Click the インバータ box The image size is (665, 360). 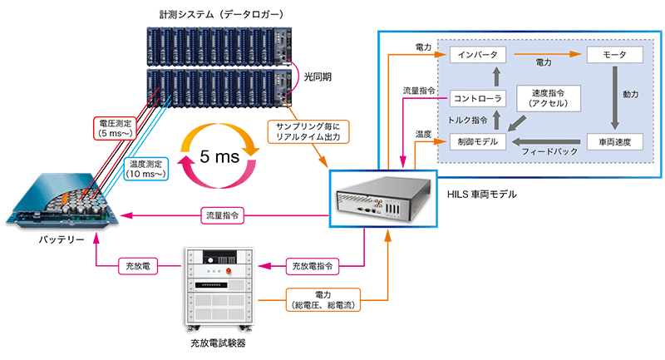point(477,55)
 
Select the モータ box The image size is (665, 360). point(614,55)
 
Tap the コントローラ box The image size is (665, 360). point(477,100)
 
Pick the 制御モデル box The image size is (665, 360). point(477,142)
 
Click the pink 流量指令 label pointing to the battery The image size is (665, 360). point(224,216)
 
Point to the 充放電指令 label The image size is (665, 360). point(313,267)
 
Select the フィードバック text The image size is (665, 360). point(544,154)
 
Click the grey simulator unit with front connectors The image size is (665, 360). point(382,197)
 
